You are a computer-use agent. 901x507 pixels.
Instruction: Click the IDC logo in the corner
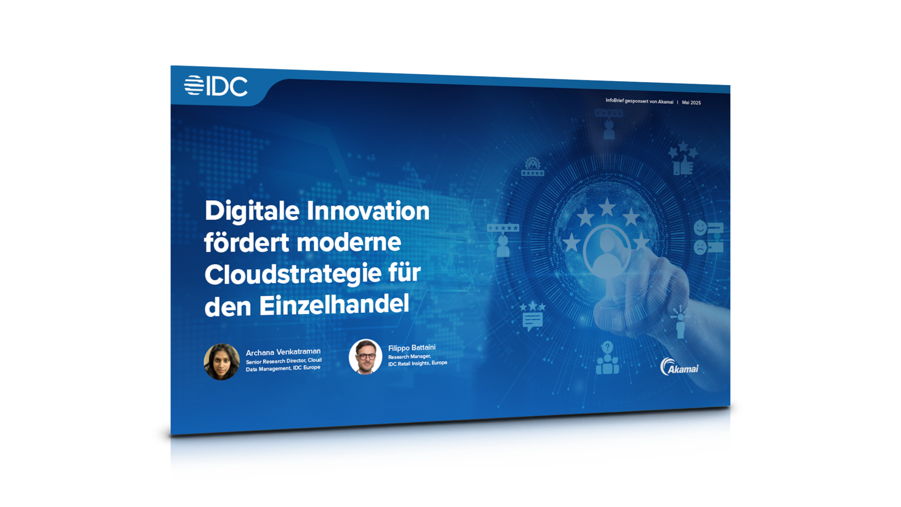[216, 86]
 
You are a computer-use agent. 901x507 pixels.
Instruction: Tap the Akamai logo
[679, 367]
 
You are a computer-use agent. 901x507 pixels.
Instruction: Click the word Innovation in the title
[368, 211]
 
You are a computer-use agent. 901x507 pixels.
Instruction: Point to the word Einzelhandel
[334, 305]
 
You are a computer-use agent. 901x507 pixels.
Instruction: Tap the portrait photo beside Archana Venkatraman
[221, 362]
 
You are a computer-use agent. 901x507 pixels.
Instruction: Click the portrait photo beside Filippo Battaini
[366, 356]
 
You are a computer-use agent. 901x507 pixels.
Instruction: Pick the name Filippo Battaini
[412, 348]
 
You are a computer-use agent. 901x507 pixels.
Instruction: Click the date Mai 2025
[691, 103]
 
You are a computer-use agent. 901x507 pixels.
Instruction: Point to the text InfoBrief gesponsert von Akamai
[639, 101]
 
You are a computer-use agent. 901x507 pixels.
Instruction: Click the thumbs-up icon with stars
[683, 159]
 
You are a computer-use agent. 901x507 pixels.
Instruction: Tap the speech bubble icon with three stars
[532, 316]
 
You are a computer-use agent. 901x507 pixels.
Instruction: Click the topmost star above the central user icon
[607, 207]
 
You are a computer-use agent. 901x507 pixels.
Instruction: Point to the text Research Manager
[409, 357]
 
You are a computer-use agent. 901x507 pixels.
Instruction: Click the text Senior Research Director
[275, 361]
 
